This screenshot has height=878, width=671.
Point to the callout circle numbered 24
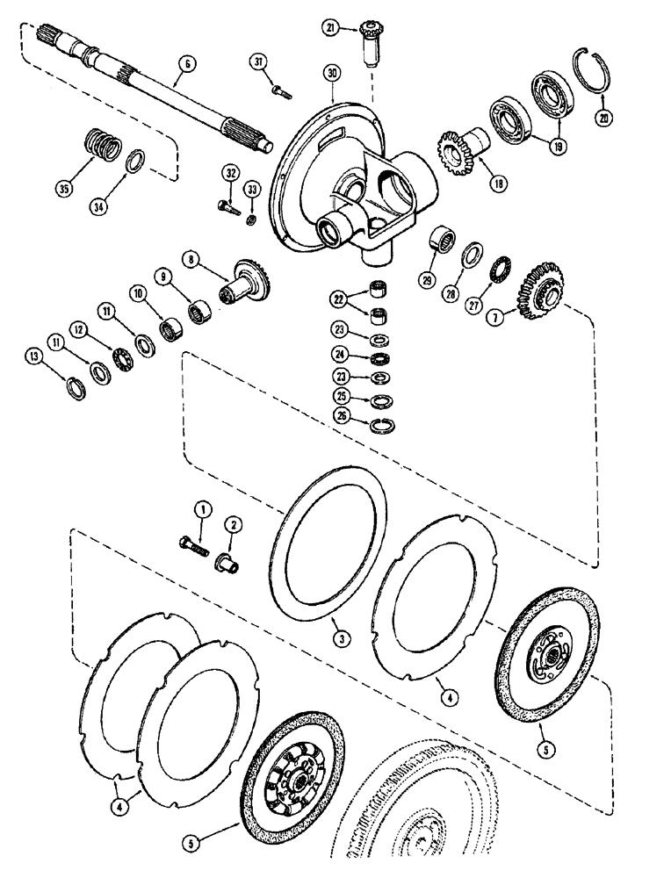coord(339,355)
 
